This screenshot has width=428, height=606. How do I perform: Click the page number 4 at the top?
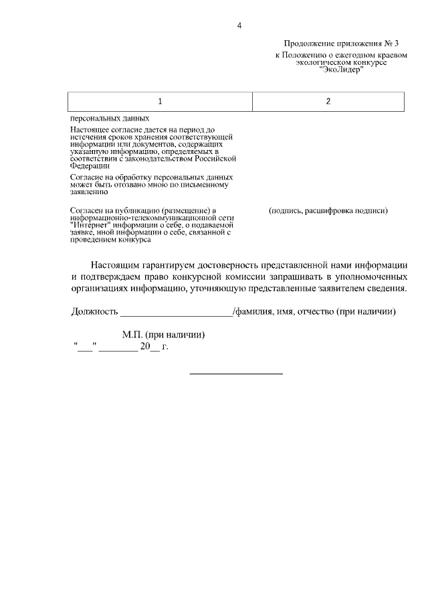click(239, 26)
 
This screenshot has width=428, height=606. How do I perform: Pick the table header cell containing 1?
click(160, 101)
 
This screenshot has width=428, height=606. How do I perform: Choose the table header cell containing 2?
click(328, 101)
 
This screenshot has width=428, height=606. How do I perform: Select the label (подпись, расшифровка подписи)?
click(328, 210)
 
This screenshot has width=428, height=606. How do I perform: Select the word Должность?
click(94, 311)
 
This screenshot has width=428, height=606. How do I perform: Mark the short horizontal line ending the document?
click(236, 373)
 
